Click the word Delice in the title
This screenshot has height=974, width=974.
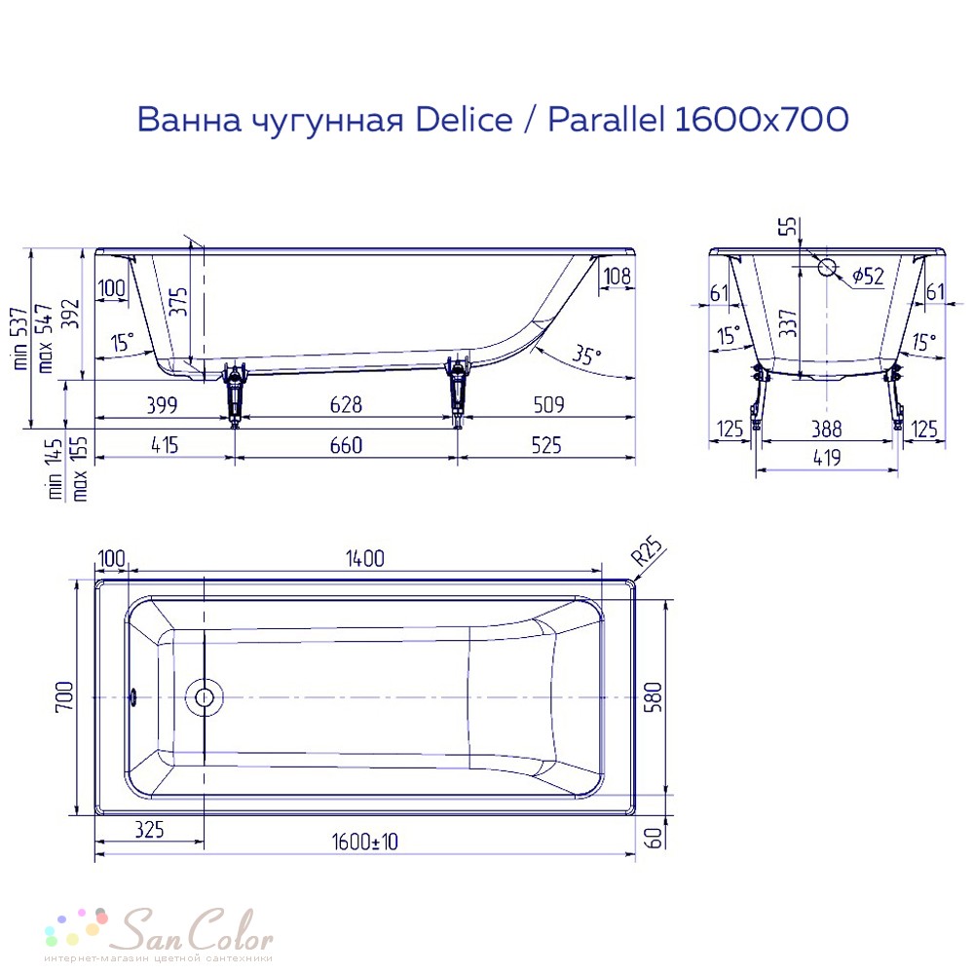pyautogui.click(x=464, y=119)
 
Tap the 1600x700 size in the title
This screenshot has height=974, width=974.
pyautogui.click(x=761, y=119)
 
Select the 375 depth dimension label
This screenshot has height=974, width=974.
pyautogui.click(x=178, y=301)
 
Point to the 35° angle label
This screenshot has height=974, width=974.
pyautogui.click(x=586, y=355)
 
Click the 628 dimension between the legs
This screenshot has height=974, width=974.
pyautogui.click(x=346, y=405)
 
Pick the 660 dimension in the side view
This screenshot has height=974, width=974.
pyautogui.click(x=346, y=445)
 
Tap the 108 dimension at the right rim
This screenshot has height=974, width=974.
pyautogui.click(x=617, y=277)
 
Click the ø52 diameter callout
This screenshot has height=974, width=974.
pyautogui.click(x=868, y=276)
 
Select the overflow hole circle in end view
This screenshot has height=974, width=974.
pyautogui.click(x=827, y=267)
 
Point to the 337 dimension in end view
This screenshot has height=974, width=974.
pyautogui.click(x=788, y=323)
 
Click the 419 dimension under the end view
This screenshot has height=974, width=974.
pyautogui.click(x=827, y=459)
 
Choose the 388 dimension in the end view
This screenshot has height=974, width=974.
pyautogui.click(x=827, y=430)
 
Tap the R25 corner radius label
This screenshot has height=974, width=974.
pyautogui.click(x=648, y=551)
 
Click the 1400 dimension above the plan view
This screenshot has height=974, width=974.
pyautogui.click(x=365, y=558)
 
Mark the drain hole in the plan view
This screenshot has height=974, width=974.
pyautogui.click(x=205, y=697)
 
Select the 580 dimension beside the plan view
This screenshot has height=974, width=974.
pyautogui.click(x=655, y=697)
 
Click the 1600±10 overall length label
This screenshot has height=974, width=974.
pyautogui.click(x=364, y=842)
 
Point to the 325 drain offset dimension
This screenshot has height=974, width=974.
pyautogui.click(x=150, y=829)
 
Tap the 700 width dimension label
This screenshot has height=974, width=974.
pyautogui.click(x=64, y=697)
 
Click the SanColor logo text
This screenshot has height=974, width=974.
pyautogui.click(x=197, y=930)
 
